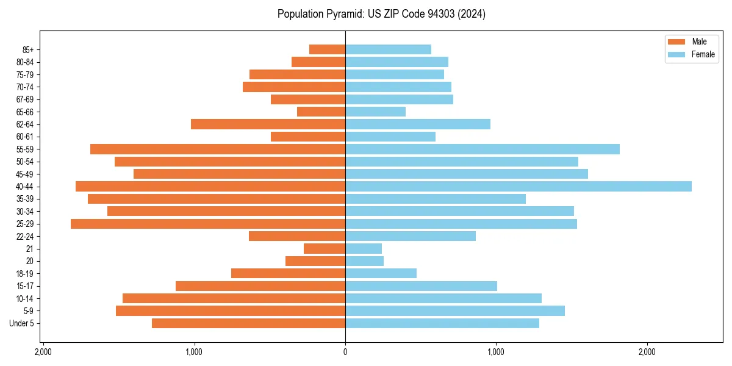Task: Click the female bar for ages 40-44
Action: click(518, 186)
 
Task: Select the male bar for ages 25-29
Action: click(208, 224)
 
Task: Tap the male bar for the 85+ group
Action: click(328, 49)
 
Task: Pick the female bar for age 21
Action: click(364, 249)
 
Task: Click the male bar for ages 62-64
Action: click(268, 124)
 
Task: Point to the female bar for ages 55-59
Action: click(483, 149)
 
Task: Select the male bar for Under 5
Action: click(249, 323)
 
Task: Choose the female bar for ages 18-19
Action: click(381, 273)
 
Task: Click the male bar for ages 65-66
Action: click(321, 112)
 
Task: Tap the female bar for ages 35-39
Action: click(436, 199)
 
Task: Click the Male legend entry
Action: click(691, 41)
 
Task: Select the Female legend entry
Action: click(691, 54)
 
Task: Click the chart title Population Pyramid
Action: click(381, 14)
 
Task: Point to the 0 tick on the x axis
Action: click(345, 352)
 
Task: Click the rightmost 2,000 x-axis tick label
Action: click(647, 352)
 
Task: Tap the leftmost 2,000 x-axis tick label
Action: click(43, 352)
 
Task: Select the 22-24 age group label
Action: click(25, 236)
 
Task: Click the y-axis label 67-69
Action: click(25, 99)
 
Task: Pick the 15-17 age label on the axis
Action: click(25, 286)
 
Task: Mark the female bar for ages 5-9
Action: click(455, 311)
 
